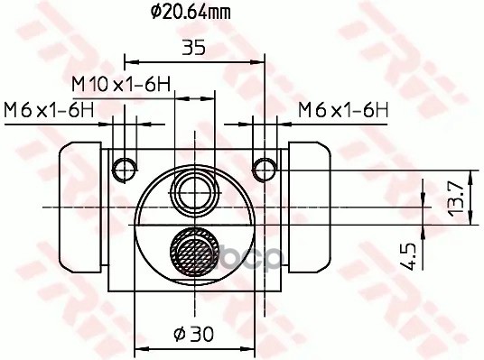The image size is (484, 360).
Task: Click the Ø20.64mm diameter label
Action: click(191, 13)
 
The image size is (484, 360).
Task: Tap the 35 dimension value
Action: click(193, 48)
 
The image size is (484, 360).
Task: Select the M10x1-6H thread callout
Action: click(121, 84)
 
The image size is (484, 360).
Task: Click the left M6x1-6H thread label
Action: click(49, 110)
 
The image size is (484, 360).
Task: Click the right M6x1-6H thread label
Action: click(343, 110)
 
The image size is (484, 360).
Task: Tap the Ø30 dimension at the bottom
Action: click(193, 334)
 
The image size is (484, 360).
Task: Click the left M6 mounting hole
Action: click(125, 169)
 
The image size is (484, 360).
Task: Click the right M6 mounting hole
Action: click(265, 169)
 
